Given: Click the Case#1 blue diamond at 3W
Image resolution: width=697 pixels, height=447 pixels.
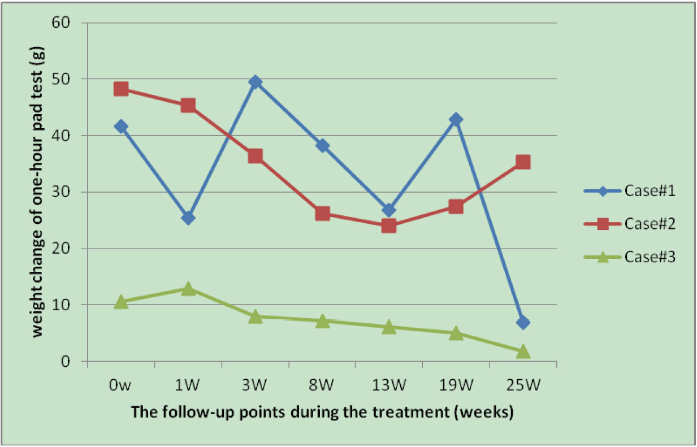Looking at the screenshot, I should [x=255, y=82].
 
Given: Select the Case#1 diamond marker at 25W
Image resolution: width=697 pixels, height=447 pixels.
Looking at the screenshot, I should [x=523, y=323].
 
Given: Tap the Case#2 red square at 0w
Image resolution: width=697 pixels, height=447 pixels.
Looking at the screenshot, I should [x=121, y=89].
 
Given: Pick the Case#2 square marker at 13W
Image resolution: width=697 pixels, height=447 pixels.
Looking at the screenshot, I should [x=389, y=226].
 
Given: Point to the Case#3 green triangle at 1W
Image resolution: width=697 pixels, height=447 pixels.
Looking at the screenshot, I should [x=188, y=289].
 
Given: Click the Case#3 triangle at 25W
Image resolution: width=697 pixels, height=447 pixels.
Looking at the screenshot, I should [x=523, y=351].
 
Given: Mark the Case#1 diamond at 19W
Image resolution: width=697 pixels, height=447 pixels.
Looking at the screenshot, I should [x=456, y=120].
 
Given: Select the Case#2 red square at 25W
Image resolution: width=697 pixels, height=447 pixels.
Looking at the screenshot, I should [x=523, y=162].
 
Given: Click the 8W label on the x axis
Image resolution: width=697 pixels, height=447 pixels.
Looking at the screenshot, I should [x=322, y=385].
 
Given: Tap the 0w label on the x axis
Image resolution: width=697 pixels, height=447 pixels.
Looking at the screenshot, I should [x=121, y=385].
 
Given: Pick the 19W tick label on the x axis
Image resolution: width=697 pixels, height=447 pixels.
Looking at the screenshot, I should [x=456, y=385].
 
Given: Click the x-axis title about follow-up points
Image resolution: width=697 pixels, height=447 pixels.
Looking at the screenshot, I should [x=322, y=412].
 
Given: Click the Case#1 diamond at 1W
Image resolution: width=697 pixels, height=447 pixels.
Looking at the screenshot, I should [x=188, y=218].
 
